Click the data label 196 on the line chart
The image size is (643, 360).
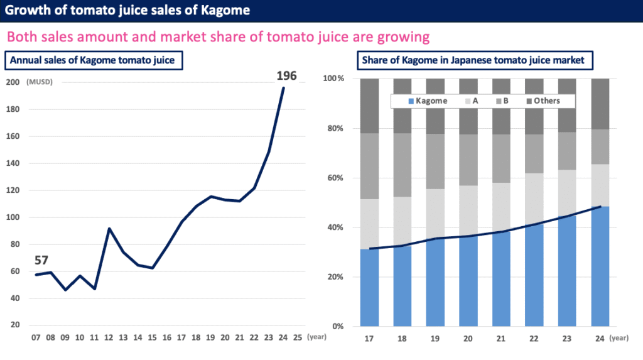286,77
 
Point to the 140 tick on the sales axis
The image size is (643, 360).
12,163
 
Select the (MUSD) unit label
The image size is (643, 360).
39,82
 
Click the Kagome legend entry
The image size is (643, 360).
426,101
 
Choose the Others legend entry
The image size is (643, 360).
541,101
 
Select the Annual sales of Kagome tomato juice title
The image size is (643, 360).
94,60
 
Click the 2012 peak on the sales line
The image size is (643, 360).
110,229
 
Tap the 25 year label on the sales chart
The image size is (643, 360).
298,338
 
